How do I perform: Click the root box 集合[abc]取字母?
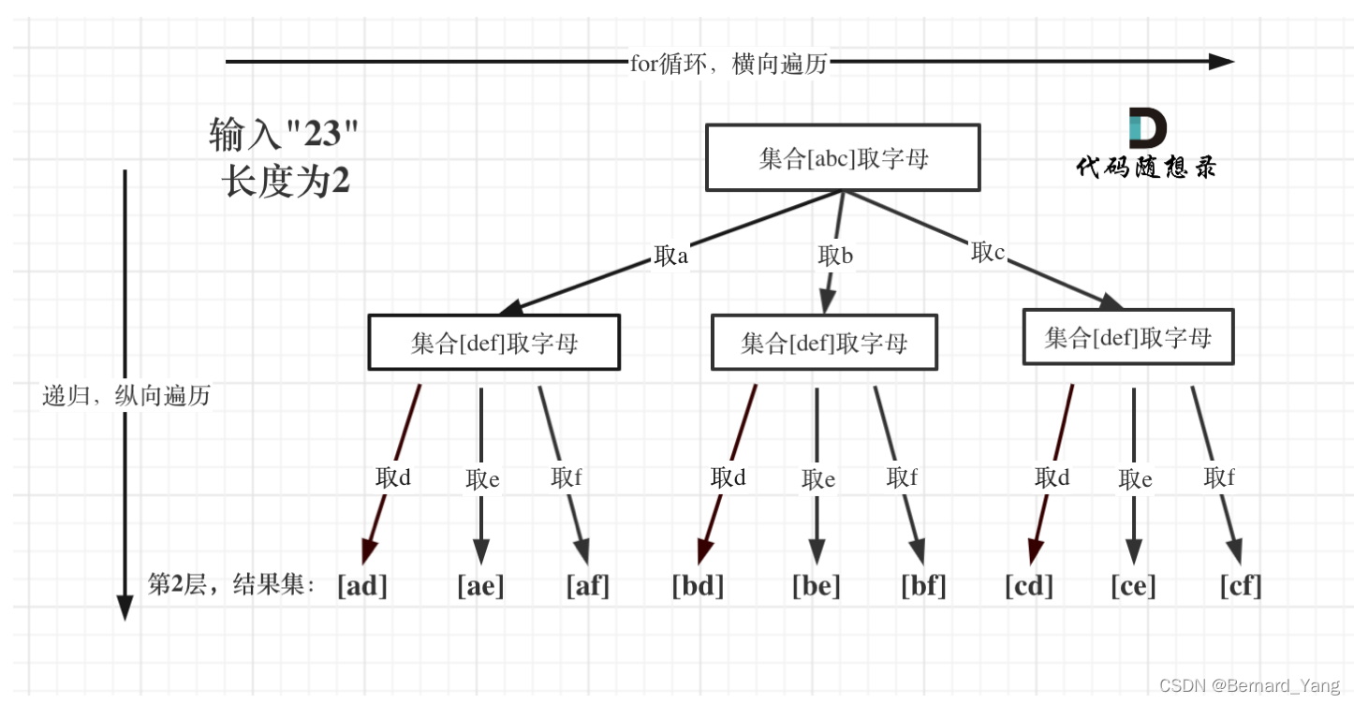pos(842,158)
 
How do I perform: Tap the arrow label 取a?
pos(670,256)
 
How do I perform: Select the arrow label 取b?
pos(835,255)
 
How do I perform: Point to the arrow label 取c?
pos(988,252)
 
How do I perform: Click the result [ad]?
pos(362,586)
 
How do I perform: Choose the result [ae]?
pos(480,586)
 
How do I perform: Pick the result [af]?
pos(588,586)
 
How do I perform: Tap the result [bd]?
pos(699,586)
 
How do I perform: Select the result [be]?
pos(817,586)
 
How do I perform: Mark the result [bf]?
pos(924,586)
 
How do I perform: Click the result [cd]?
pos(1029,586)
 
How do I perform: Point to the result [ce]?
pos(1134,586)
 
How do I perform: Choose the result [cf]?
pos(1242,586)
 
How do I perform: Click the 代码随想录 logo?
pos(1147,143)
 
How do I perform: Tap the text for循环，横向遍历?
pos(729,63)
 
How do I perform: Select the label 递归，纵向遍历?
pos(126,396)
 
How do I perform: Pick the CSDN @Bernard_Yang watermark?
pos(1249,686)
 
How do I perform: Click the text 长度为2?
pos(287,182)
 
